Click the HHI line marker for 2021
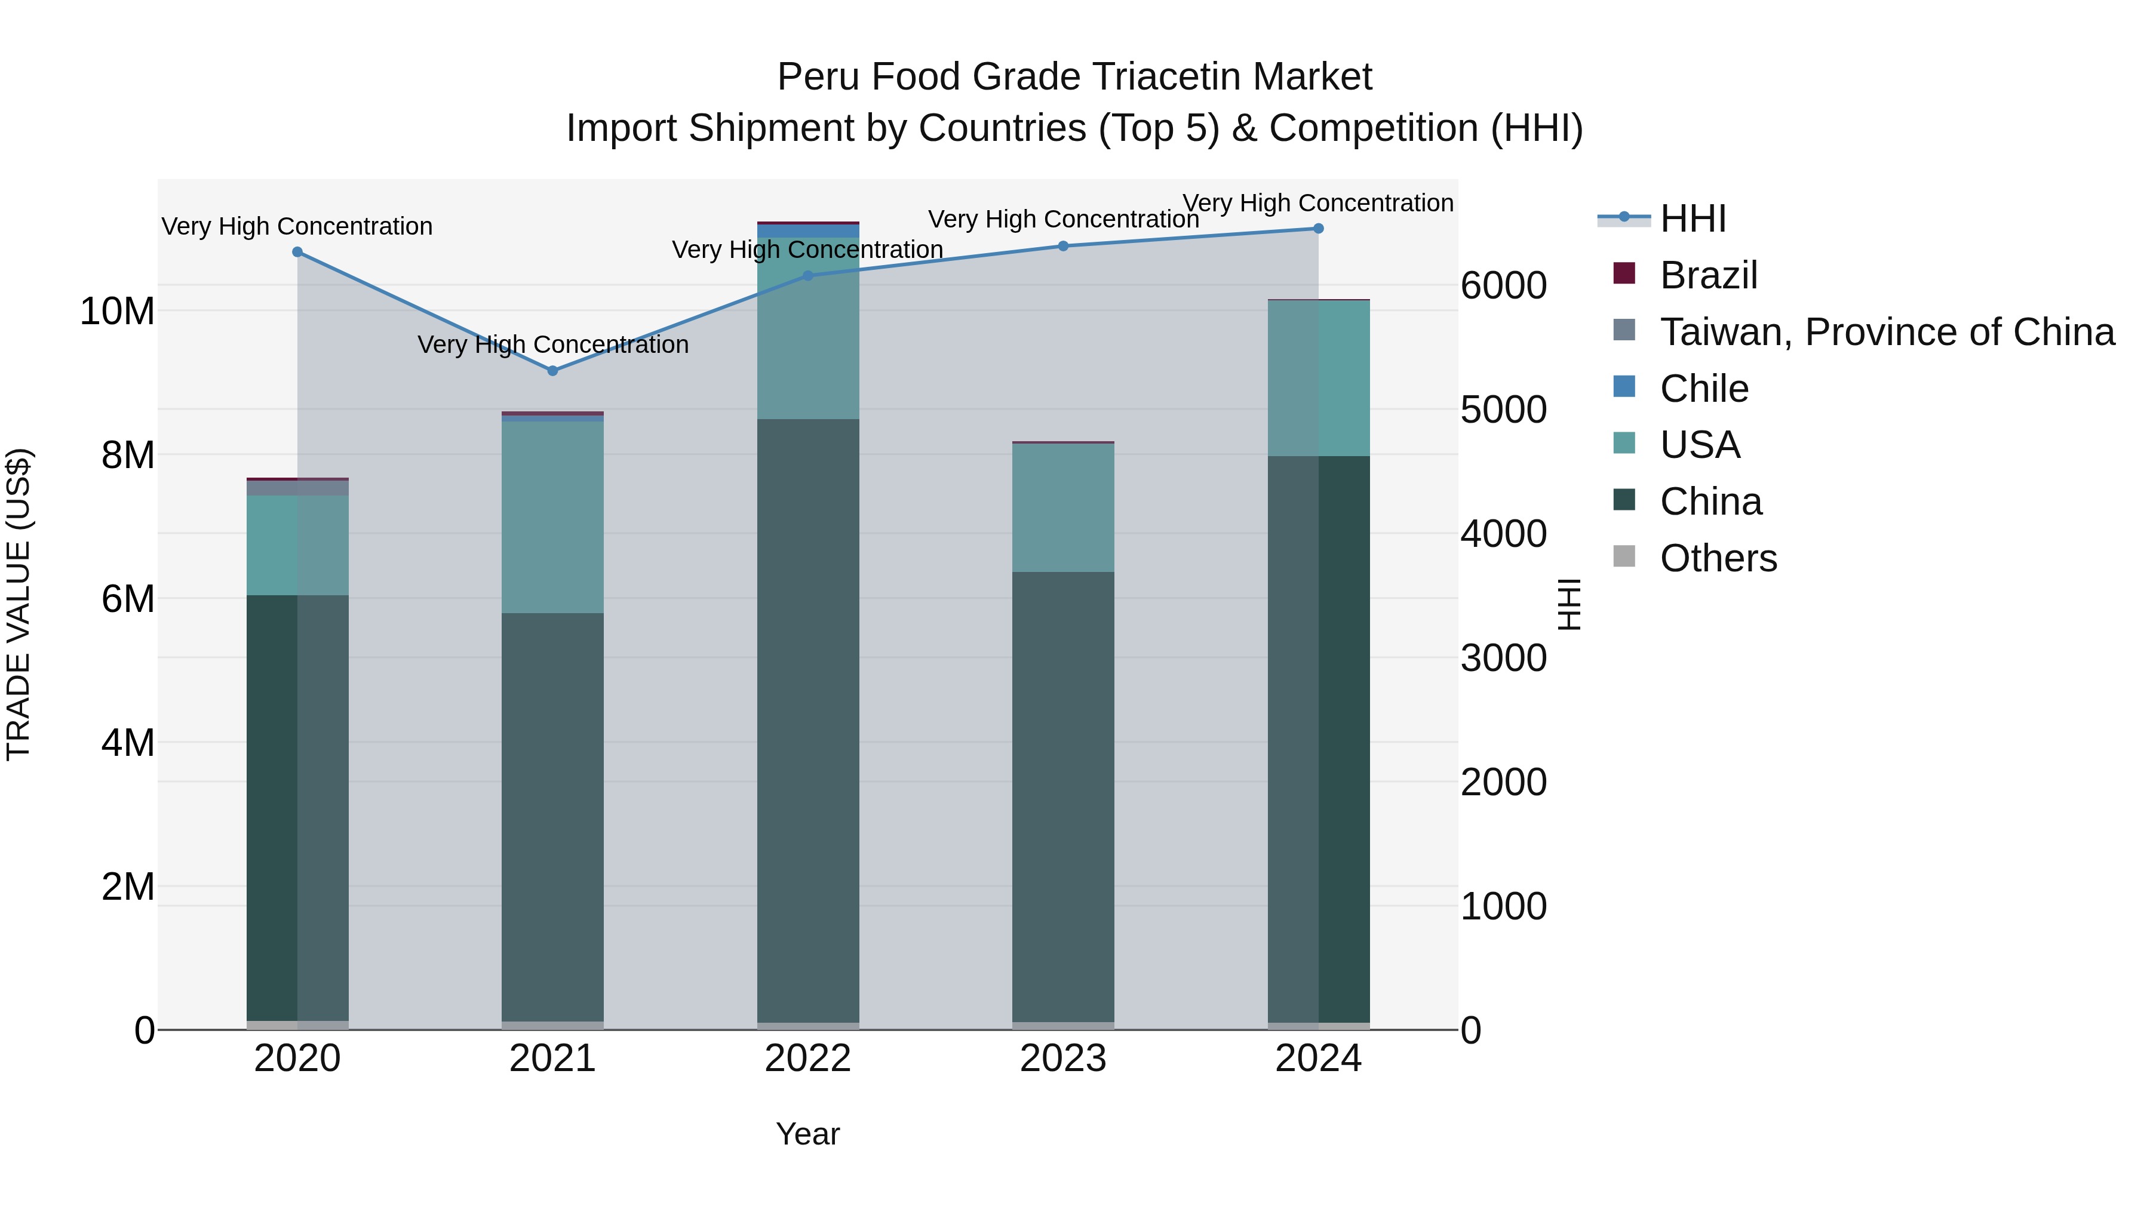point(552,370)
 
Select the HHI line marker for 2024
point(1318,229)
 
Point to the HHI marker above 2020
point(297,252)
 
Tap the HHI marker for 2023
point(1062,246)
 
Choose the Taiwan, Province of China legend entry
point(1886,332)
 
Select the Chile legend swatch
point(1624,387)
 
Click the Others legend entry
point(1718,558)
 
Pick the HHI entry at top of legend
point(1693,219)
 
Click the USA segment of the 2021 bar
point(552,517)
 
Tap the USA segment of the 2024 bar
point(1318,377)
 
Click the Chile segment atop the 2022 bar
point(808,231)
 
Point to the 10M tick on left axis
point(117,311)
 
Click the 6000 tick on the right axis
point(1503,285)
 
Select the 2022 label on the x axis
point(808,1059)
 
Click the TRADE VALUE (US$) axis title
point(19,604)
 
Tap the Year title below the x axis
point(808,1134)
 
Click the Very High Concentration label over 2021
point(552,344)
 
